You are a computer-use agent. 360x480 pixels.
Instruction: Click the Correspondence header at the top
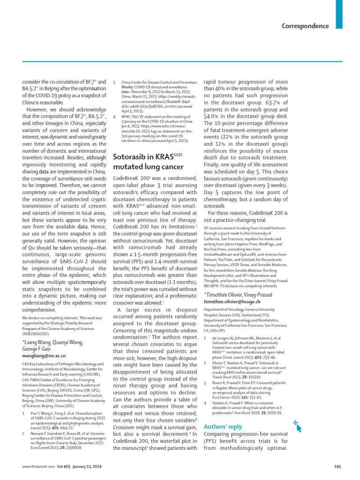coord(305,26)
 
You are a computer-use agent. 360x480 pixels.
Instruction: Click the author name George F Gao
coord(41,348)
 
